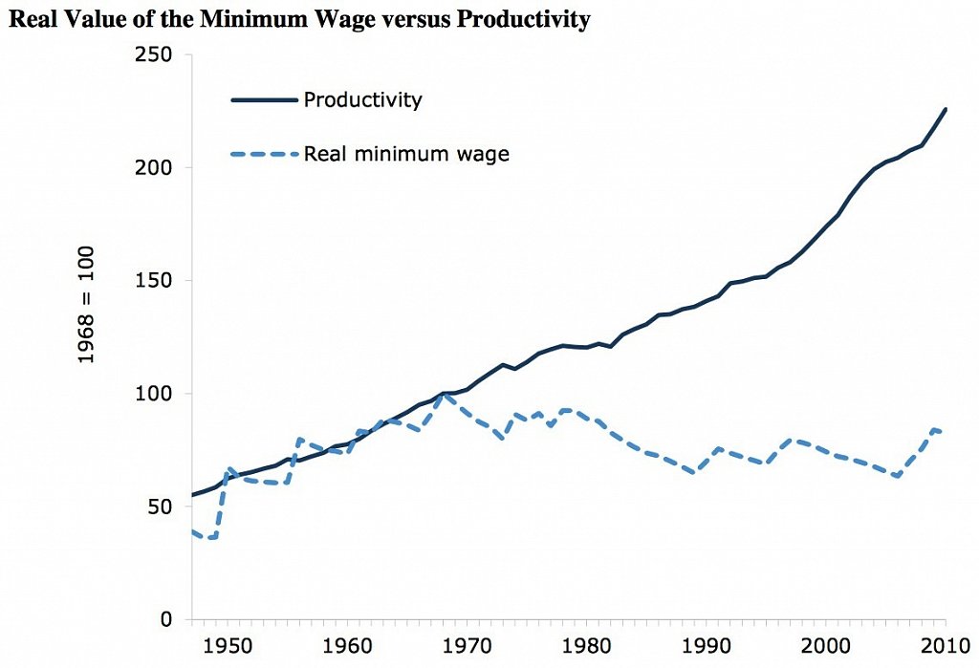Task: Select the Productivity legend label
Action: tap(362, 99)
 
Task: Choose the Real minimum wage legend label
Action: tap(406, 153)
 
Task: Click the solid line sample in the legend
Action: tap(262, 99)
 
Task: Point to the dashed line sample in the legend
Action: tap(262, 153)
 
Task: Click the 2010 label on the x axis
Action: tap(943, 647)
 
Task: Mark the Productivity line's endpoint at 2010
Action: tap(946, 109)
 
